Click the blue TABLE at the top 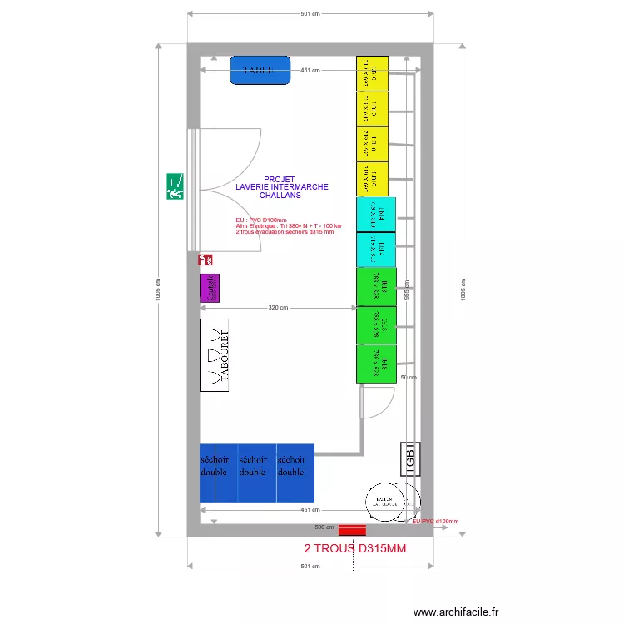(260, 70)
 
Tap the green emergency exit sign (176, 186)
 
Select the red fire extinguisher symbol (206, 260)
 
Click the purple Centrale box (210, 288)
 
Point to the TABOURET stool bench (215, 355)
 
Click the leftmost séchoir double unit (219, 473)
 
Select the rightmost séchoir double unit (295, 473)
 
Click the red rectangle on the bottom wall (352, 529)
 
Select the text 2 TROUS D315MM (355, 549)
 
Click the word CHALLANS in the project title (280, 196)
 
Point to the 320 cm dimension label (278, 308)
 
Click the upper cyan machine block (375, 215)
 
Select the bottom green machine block (376, 364)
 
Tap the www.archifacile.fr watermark (457, 612)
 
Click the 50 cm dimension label (408, 377)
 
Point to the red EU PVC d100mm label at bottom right (434, 522)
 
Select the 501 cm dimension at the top (310, 14)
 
